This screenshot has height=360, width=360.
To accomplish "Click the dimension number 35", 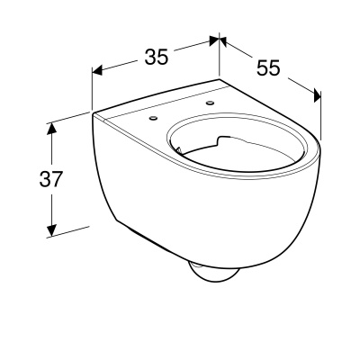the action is [157, 57].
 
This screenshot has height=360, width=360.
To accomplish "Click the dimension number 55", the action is [268, 67].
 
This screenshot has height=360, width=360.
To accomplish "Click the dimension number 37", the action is [50, 179].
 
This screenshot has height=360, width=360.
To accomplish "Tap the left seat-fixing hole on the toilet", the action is [154, 118].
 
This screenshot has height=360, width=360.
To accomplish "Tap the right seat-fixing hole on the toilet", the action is [210, 103].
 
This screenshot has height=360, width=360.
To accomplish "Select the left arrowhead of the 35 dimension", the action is [97, 70].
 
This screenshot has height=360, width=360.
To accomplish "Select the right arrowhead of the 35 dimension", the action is [213, 40].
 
